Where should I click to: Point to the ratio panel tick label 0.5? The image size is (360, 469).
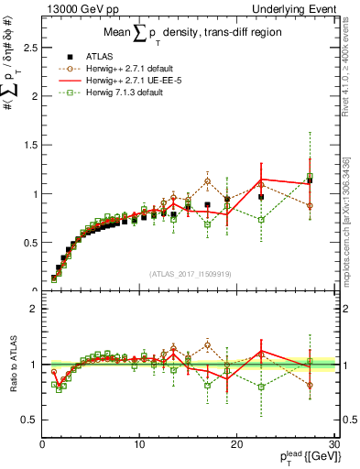(27, 420)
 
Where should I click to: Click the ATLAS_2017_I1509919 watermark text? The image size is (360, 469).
(189, 273)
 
